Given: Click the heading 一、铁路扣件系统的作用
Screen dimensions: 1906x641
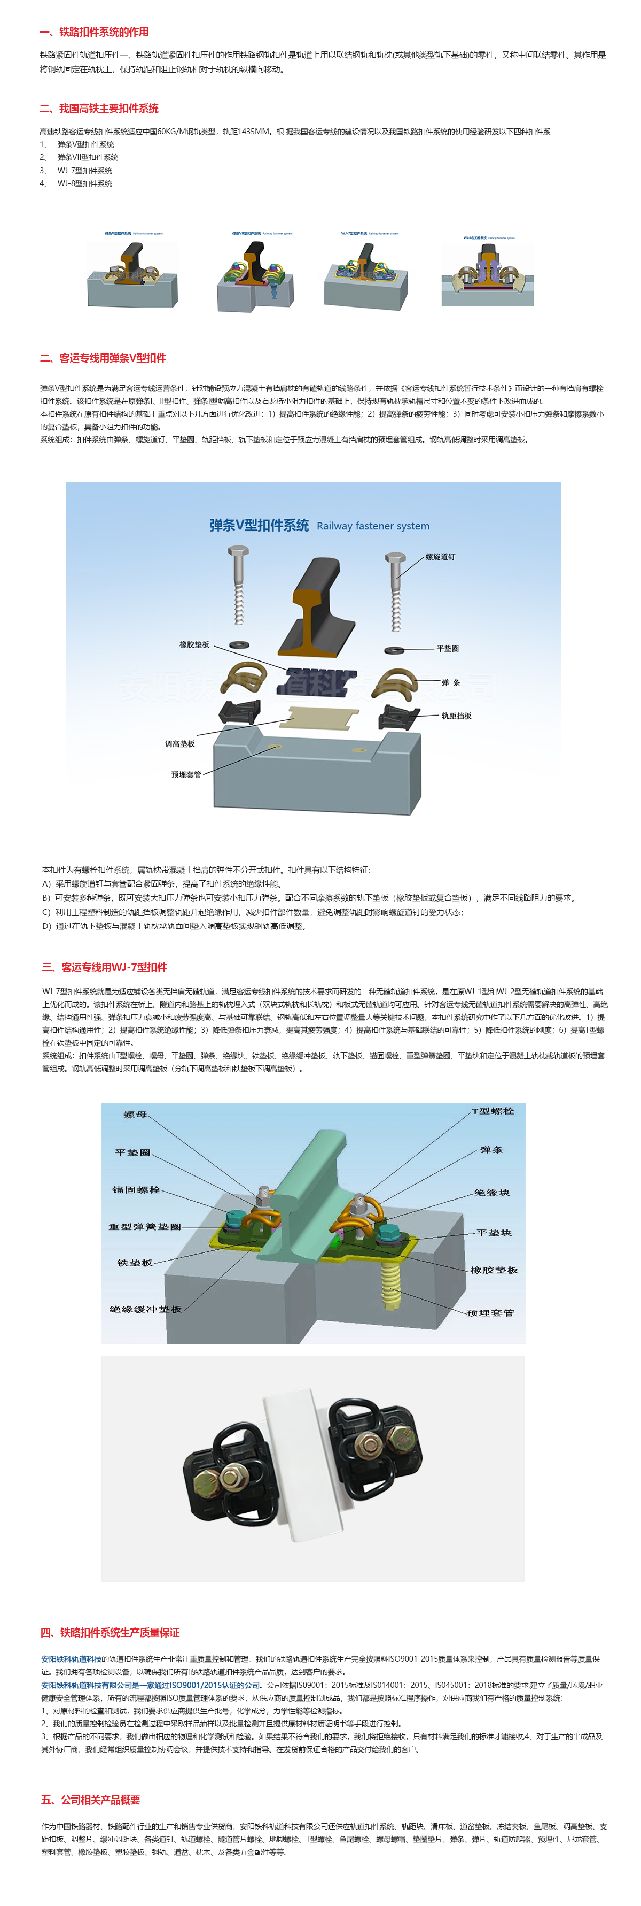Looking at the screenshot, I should pos(94,32).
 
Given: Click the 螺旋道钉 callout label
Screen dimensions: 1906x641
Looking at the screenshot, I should pos(440,556).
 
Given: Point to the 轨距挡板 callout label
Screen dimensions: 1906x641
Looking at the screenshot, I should pos(456,716).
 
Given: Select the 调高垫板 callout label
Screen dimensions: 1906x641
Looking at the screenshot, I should pos(179,743).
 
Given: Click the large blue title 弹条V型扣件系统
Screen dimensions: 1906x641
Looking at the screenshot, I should pos(259,525).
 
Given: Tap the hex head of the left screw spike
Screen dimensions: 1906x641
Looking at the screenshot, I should pos(238,553).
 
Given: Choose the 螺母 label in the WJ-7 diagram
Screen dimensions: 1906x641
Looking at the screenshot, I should pos(135,1115).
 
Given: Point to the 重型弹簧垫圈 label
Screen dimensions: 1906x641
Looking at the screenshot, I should pos(145,1227).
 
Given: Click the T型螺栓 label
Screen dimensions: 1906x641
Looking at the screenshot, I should pos(493,1111).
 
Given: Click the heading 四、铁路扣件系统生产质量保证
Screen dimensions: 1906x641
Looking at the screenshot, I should pos(110,1632).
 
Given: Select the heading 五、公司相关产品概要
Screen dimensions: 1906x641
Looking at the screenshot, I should pos(90,1800).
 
